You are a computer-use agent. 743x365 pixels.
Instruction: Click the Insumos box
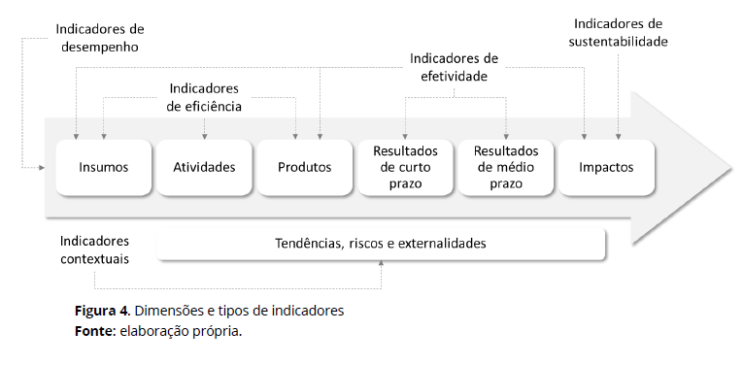pyautogui.click(x=104, y=167)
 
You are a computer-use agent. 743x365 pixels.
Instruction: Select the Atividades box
pyautogui.click(x=204, y=167)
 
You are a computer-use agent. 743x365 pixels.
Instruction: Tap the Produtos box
pyautogui.click(x=304, y=167)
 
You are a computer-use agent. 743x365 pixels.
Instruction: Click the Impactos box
pyautogui.click(x=606, y=167)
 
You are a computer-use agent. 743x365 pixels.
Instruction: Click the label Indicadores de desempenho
pyautogui.click(x=98, y=37)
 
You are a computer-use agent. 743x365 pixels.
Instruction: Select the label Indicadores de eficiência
pyautogui.click(x=204, y=97)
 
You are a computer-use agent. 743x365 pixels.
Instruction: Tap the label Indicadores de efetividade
pyautogui.click(x=454, y=67)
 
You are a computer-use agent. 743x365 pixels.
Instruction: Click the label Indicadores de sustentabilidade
pyautogui.click(x=619, y=32)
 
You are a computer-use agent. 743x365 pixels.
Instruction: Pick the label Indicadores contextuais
pyautogui.click(x=94, y=249)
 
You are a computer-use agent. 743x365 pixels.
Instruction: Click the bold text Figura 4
pyautogui.click(x=102, y=311)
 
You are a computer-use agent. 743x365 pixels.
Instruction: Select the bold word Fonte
pyautogui.click(x=93, y=330)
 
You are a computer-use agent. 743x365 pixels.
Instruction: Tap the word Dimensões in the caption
pyautogui.click(x=168, y=311)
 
